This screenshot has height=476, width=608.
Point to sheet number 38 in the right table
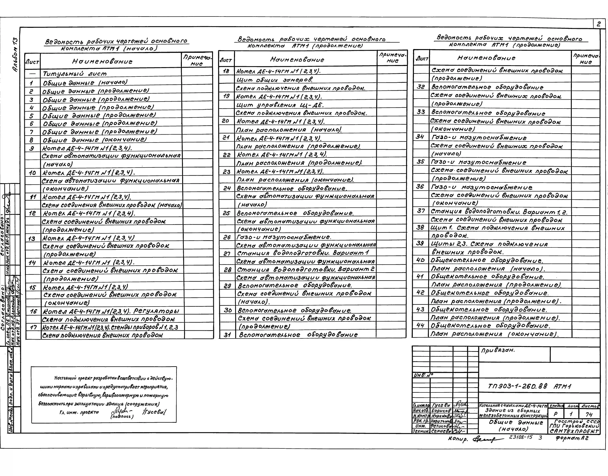[420, 227]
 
